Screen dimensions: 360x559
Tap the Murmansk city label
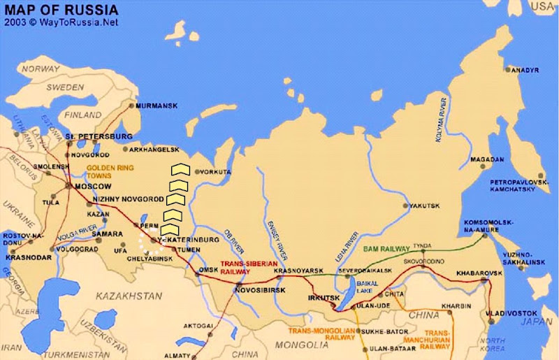(x=157, y=106)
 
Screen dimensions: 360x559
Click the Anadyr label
(x=506, y=71)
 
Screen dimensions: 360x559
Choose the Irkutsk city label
(x=323, y=298)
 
